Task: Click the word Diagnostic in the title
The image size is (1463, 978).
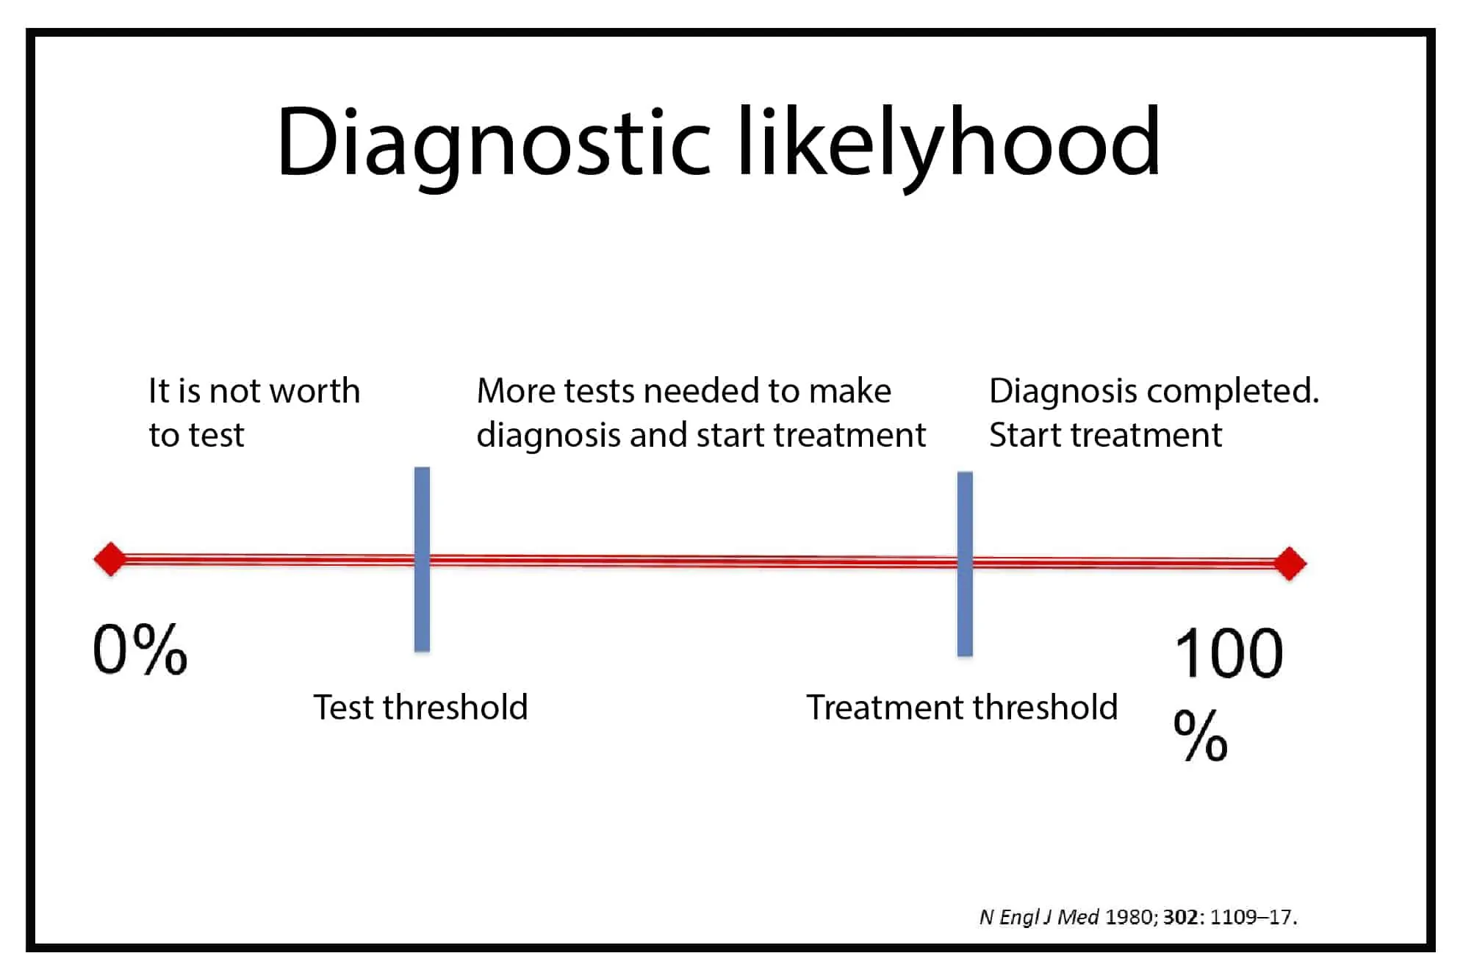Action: [494, 144]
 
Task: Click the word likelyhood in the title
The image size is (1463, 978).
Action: [949, 144]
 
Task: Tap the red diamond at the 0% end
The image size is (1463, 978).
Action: [111, 559]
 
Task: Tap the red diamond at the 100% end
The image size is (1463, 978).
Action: [1290, 564]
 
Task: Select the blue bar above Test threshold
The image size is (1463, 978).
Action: [422, 559]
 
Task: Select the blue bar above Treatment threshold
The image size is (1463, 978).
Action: [965, 564]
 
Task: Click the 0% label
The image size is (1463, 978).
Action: [140, 649]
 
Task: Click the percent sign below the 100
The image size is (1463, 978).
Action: [1201, 735]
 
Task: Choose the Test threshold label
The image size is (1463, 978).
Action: [420, 707]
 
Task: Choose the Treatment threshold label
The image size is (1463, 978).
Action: [962, 707]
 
